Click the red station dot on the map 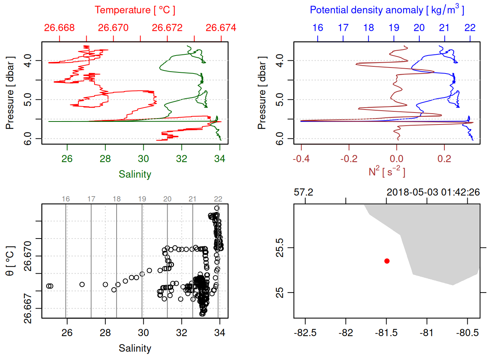pyautogui.click(x=387, y=261)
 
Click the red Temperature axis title pyautogui.click(x=135, y=10)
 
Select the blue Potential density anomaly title pyautogui.click(x=387, y=10)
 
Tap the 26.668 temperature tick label pyautogui.click(x=59, y=28)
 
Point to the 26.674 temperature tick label pyautogui.click(x=221, y=28)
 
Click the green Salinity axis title pyautogui.click(x=135, y=174)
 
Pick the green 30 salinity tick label pyautogui.click(x=143, y=159)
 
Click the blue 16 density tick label pyautogui.click(x=318, y=28)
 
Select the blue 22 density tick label pyautogui.click(x=469, y=28)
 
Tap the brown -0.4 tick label pyautogui.click(x=301, y=159)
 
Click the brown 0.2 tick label pyautogui.click(x=444, y=159)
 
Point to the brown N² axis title pyautogui.click(x=387, y=172)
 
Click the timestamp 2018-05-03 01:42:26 pyautogui.click(x=433, y=192)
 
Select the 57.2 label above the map pyautogui.click(x=303, y=192)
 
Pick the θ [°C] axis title pyautogui.click(x=10, y=261)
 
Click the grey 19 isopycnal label pyautogui.click(x=142, y=199)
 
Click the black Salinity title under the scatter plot pyautogui.click(x=135, y=348)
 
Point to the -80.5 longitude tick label pyautogui.click(x=467, y=333)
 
